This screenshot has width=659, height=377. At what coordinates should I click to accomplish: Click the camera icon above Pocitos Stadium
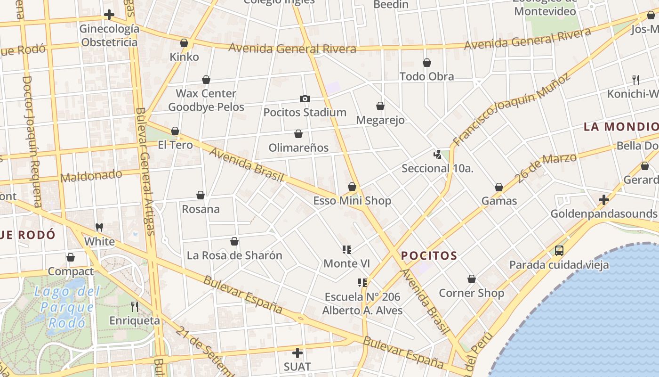(305, 99)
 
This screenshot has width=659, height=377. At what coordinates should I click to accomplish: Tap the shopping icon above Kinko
(184, 43)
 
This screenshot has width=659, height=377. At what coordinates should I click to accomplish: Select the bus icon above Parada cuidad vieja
(559, 251)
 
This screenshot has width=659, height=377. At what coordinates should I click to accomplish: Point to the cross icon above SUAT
(297, 352)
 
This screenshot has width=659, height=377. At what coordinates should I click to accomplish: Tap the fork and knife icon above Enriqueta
(135, 307)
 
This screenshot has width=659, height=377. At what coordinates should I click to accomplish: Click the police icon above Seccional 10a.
(438, 154)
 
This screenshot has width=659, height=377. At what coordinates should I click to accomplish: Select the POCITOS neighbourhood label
(429, 256)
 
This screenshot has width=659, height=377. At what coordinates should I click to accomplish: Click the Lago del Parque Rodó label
(67, 307)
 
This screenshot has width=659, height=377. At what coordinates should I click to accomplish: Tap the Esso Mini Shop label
(352, 201)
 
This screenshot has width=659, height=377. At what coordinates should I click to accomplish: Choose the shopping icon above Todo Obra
(427, 63)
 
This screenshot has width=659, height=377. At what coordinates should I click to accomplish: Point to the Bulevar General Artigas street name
(145, 171)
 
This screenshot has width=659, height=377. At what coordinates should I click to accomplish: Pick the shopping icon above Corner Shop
(472, 279)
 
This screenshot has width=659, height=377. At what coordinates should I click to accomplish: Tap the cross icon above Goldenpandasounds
(604, 200)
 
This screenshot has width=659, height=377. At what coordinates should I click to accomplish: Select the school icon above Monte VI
(347, 250)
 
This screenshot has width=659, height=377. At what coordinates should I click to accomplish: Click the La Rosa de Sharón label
(234, 255)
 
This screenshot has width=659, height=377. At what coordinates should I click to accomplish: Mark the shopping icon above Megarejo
(380, 107)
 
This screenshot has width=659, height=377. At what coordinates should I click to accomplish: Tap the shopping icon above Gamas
(499, 188)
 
